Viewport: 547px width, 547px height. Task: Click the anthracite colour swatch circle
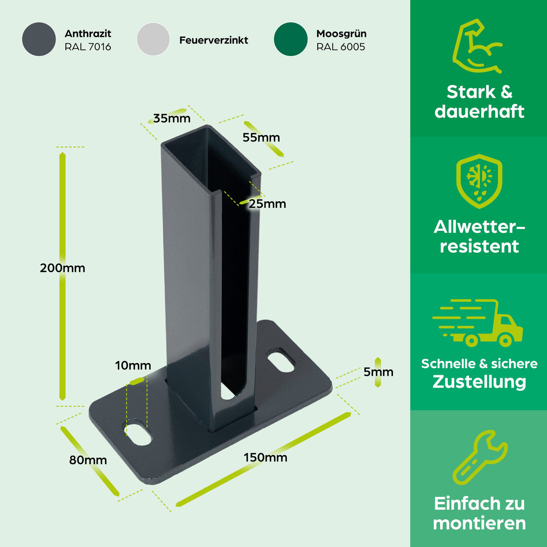39,39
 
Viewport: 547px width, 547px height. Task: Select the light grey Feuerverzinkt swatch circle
153,39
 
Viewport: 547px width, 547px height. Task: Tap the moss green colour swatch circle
291,39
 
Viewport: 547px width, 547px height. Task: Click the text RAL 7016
88,47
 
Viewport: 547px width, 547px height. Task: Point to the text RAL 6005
341,47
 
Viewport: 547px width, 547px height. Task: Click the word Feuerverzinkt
214,40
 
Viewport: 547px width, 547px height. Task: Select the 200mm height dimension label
62,268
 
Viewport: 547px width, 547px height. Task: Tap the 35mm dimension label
172,119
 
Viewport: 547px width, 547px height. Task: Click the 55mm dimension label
261,137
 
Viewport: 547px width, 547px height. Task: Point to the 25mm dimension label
267,204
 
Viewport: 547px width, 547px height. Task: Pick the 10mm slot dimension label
133,365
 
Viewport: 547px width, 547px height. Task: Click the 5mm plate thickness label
378,372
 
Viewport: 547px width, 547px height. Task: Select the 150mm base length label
265,458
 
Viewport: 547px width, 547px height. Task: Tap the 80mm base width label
88,460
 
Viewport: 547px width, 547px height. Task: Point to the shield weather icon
479,181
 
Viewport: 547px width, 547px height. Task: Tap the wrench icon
479,457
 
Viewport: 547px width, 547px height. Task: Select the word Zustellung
479,382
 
